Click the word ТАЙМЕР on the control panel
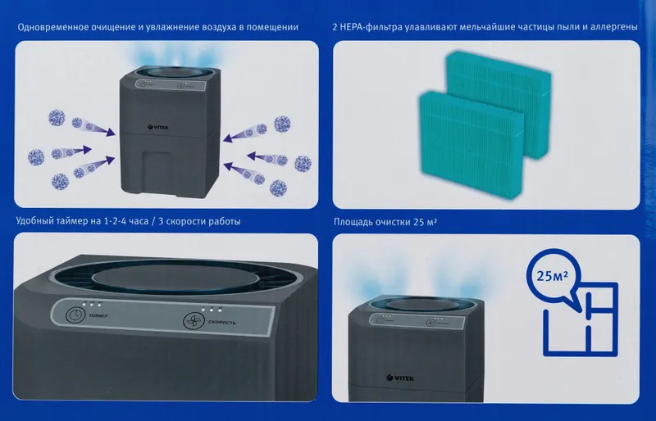pos(98,315)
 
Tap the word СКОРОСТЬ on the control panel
pos(222,323)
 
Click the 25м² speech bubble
pos(553,277)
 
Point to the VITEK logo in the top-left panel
pos(158,127)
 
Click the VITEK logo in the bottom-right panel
pos(400,378)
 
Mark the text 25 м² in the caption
pos(426,222)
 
